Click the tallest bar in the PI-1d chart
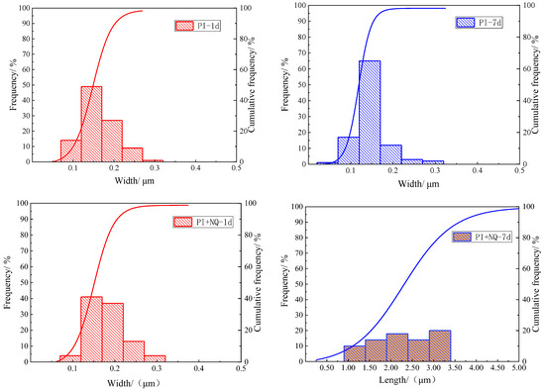pyautogui.click(x=91, y=124)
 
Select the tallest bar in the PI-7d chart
pyautogui.click(x=370, y=112)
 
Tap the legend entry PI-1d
pyautogui.click(x=198, y=26)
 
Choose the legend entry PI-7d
pyautogui.click(x=479, y=23)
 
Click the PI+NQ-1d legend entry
pyautogui.click(x=202, y=222)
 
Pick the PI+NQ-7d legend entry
pyautogui.click(x=483, y=237)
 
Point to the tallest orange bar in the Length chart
pyautogui.click(x=440, y=345)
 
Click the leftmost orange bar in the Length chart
pyautogui.click(x=355, y=353)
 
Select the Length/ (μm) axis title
pyautogui.click(x=407, y=380)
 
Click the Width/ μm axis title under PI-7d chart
pyautogui.click(x=418, y=184)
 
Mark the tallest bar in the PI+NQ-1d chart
pyautogui.click(x=91, y=330)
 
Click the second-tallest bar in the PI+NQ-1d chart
pyautogui.click(x=113, y=333)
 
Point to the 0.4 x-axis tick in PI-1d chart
pyautogui.click(x=195, y=168)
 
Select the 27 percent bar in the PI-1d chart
pyautogui.click(x=112, y=141)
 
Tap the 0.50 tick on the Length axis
pyautogui.click(x=327, y=367)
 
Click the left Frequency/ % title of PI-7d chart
pyautogui.click(x=285, y=84)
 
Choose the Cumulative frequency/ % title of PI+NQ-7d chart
pyautogui.click(x=536, y=284)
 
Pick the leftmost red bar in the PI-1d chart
pyautogui.click(x=71, y=151)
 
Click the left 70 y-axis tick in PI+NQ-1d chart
pyautogui.click(x=24, y=250)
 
